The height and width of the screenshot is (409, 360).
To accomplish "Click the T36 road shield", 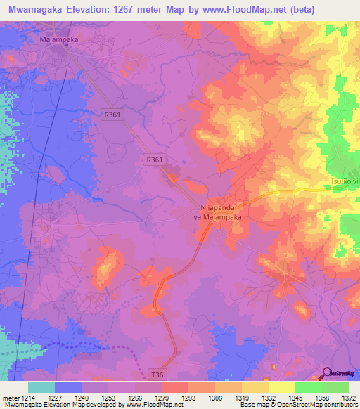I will pos(160,375).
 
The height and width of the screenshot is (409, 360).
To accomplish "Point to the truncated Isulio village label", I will pos(345,181).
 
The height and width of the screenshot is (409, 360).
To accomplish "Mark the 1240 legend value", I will pos(90,398).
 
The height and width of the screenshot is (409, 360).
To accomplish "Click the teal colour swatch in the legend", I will pos(41,387).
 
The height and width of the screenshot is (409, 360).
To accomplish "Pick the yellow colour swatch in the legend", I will pos(281,387).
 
